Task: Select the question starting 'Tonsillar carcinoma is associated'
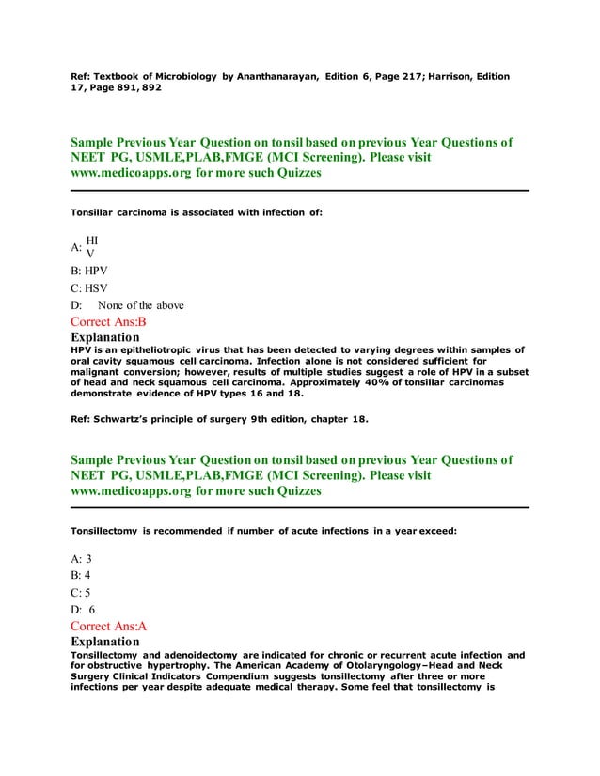197,213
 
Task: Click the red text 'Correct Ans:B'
109,321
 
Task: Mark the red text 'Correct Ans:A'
109,625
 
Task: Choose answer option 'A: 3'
81,558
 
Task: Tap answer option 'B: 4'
81,575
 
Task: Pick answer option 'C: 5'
81,592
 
